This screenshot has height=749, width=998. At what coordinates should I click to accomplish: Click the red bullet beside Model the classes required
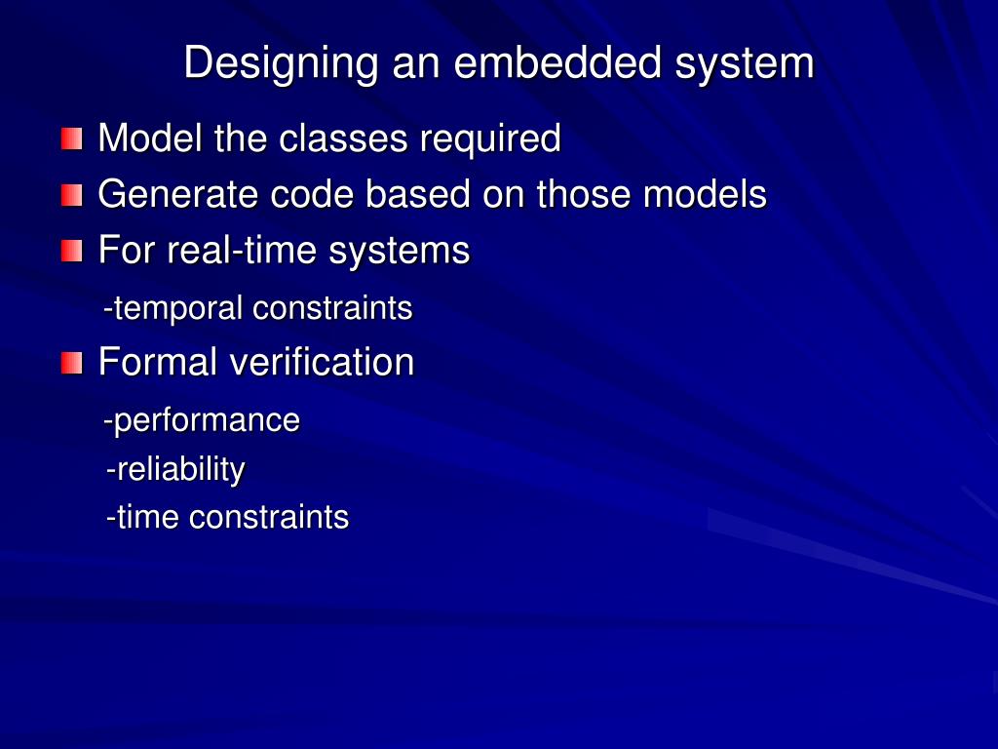pyautogui.click(x=71, y=139)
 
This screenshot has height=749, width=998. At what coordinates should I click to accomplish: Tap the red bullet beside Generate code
pyautogui.click(x=71, y=196)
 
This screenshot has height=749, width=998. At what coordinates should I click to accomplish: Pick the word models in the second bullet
pyautogui.click(x=705, y=195)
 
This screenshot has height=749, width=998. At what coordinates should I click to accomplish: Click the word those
pyautogui.click(x=583, y=195)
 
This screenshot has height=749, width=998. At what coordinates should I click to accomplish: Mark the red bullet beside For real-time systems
pyautogui.click(x=71, y=252)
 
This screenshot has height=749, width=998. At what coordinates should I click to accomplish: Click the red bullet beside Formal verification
pyautogui.click(x=71, y=364)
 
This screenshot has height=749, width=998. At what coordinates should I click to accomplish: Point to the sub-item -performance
pyautogui.click(x=202, y=421)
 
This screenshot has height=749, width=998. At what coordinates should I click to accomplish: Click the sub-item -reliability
pyautogui.click(x=175, y=470)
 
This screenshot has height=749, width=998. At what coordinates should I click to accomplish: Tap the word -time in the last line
pyautogui.click(x=143, y=517)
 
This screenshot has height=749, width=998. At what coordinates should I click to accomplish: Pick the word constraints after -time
pyautogui.click(x=269, y=517)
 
